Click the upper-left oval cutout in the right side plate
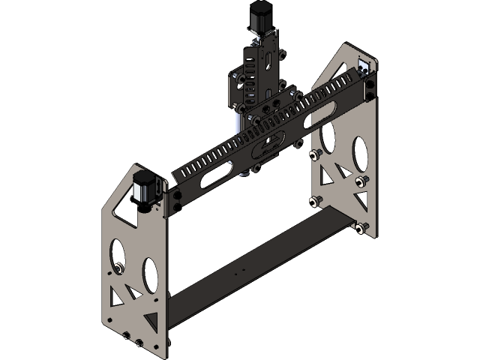[x=328, y=135]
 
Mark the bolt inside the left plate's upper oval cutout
[x=118, y=268]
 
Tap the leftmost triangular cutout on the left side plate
[x=115, y=291]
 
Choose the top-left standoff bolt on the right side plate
[x=314, y=154]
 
